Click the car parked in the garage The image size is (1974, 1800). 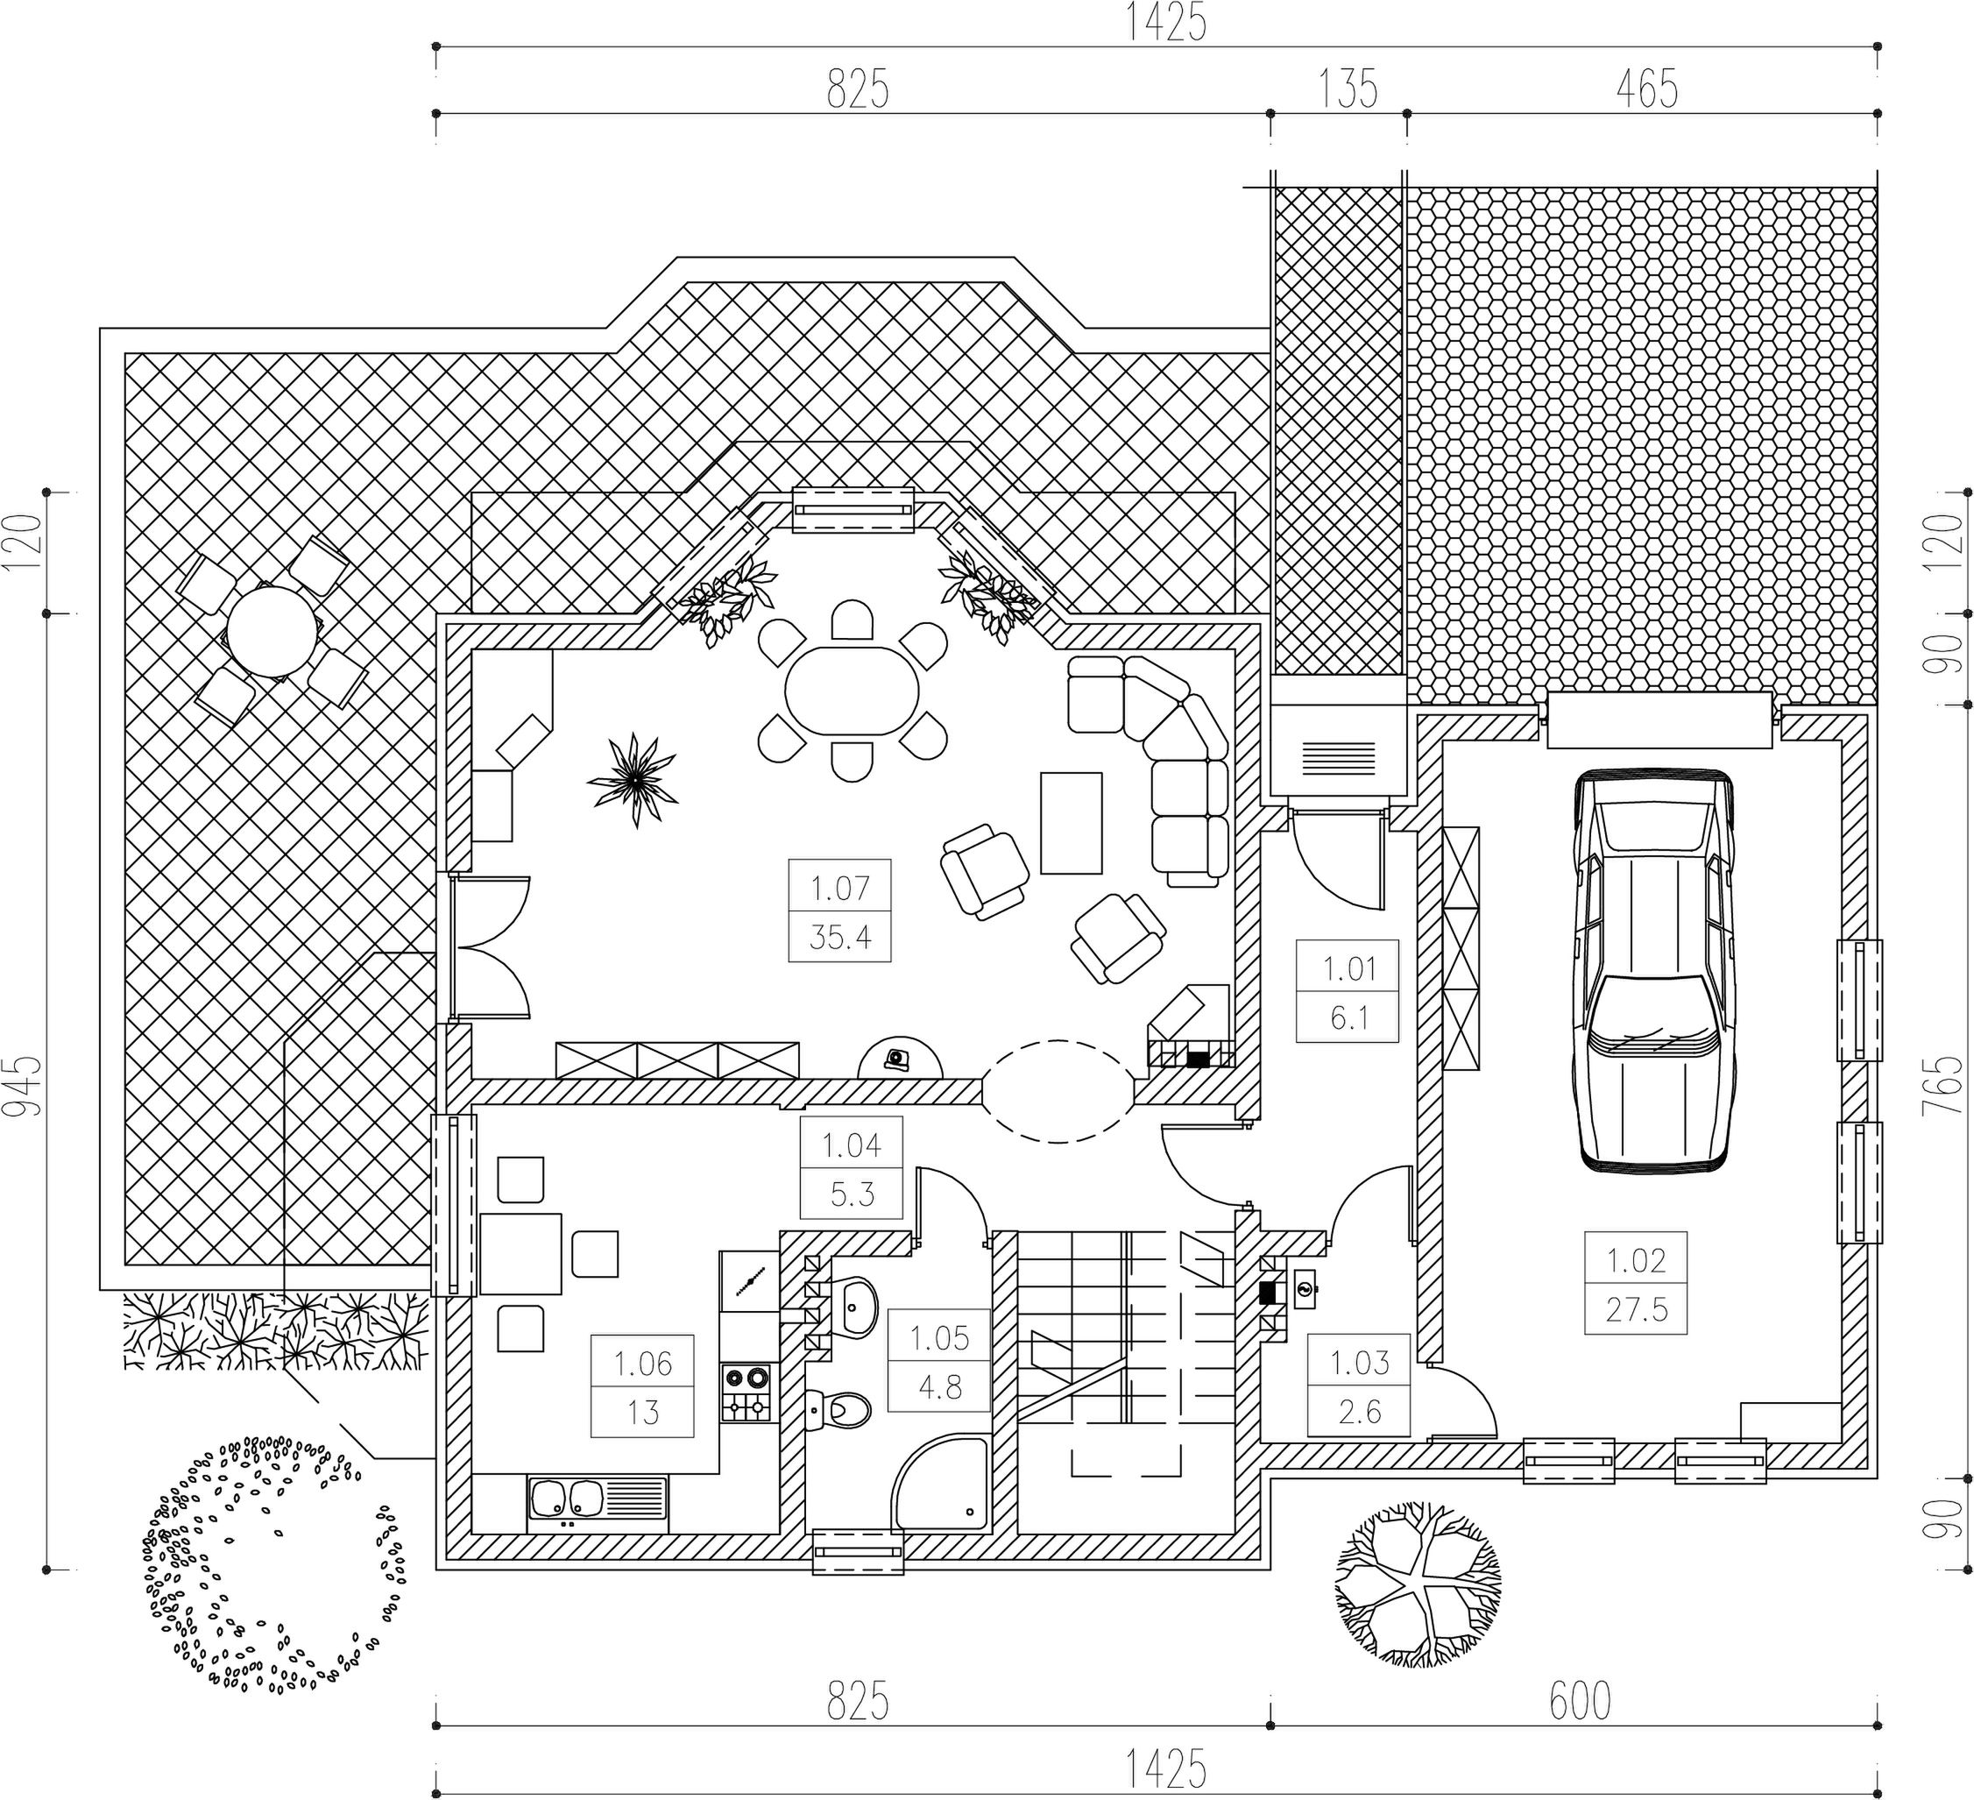pos(1652,969)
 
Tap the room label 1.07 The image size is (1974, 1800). pos(840,889)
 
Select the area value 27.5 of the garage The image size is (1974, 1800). pos(1636,1309)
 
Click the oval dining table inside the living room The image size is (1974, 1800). pos(852,691)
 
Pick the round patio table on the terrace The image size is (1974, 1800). pos(273,630)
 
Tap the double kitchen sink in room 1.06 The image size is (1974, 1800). pos(598,1503)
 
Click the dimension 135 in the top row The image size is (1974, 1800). pos(1348,89)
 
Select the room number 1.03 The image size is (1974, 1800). pos(1359,1362)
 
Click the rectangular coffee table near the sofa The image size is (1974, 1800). pos(1072,823)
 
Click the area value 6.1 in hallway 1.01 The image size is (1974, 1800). pos(1348,1017)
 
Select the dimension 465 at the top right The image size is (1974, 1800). pos(1647,89)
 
